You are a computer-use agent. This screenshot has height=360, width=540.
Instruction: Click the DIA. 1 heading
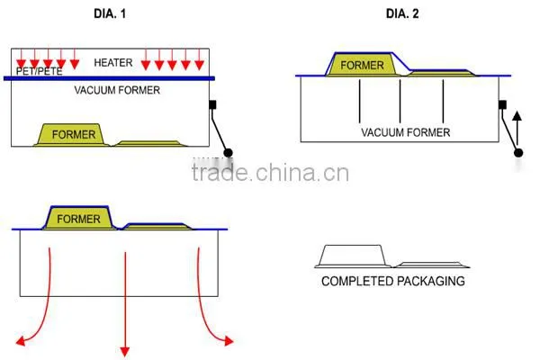click(x=110, y=13)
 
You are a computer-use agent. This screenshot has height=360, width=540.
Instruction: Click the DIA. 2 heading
click(x=402, y=13)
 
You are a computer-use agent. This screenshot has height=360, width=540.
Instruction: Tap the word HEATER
click(x=113, y=63)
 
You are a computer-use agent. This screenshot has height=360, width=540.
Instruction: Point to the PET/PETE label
click(x=40, y=71)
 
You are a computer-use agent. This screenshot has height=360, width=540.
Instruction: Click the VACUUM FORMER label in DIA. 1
click(x=117, y=90)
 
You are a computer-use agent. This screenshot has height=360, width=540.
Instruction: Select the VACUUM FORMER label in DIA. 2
click(x=406, y=132)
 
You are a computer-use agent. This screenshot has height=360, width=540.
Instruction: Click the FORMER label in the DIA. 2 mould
click(x=362, y=65)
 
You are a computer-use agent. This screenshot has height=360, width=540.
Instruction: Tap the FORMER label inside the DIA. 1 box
click(x=74, y=134)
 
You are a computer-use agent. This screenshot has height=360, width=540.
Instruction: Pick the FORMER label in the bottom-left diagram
click(x=78, y=219)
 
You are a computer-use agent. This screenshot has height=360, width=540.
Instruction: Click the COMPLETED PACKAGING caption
click(x=393, y=281)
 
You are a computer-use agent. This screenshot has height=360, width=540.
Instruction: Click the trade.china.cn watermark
click(x=270, y=172)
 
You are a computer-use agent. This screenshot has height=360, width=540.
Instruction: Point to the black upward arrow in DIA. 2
click(x=517, y=129)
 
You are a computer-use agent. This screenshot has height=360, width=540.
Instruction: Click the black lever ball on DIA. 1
click(x=228, y=152)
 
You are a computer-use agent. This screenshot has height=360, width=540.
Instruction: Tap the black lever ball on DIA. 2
click(x=518, y=153)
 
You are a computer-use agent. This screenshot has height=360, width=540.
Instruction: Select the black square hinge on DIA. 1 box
click(x=212, y=104)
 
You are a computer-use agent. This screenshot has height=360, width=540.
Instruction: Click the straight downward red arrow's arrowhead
click(x=125, y=351)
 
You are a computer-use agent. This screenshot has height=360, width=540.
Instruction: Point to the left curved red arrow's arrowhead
click(x=21, y=341)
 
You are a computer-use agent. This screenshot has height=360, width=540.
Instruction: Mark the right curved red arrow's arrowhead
click(x=229, y=341)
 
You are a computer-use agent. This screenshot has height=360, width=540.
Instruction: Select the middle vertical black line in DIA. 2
click(x=400, y=101)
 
